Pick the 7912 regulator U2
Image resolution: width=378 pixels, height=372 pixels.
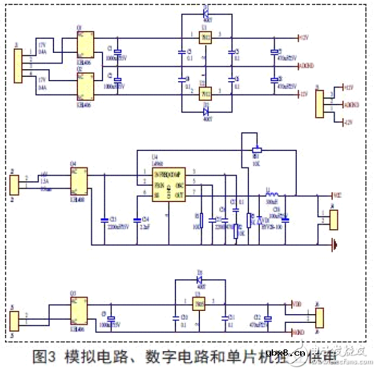(x=204, y=94)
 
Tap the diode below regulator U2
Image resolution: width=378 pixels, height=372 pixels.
(x=205, y=112)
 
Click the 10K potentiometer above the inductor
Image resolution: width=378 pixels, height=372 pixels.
(x=256, y=150)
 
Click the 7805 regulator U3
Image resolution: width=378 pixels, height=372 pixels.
(x=199, y=305)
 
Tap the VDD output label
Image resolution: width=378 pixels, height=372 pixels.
(x=297, y=304)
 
